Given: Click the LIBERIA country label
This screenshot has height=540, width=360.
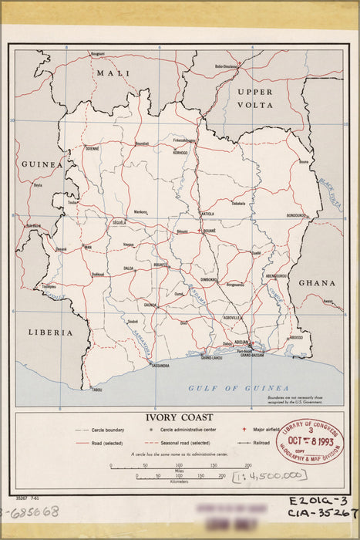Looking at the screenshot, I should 49,332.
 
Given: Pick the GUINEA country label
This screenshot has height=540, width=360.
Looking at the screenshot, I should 41,164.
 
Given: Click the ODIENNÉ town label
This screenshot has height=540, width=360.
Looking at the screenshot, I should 93,148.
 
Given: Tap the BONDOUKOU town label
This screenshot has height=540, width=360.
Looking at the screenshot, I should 297,215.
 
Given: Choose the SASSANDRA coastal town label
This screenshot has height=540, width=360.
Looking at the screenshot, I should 160,365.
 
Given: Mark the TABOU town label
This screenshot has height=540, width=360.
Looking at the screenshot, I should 97,390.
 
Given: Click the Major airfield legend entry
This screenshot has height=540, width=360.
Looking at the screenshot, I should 264,429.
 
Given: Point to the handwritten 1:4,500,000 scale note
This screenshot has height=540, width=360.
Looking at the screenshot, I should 255,478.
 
